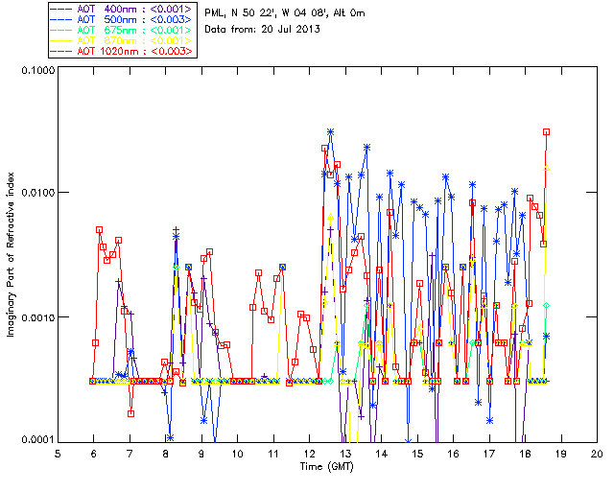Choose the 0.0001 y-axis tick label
(x=35, y=441)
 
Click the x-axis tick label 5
(x=58, y=453)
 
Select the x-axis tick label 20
(x=596, y=453)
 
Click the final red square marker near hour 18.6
(x=546, y=132)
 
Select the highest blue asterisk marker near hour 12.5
(x=330, y=131)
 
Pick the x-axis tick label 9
(x=201, y=453)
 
